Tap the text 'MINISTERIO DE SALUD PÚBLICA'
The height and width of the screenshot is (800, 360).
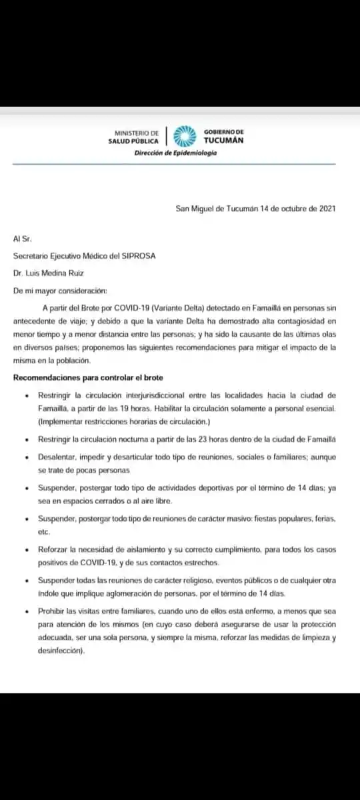(x=134, y=137)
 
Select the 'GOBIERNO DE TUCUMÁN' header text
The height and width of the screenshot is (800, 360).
(x=223, y=137)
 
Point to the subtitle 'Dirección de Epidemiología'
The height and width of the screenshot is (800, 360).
(x=175, y=153)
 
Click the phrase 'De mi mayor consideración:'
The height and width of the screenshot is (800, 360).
(x=59, y=289)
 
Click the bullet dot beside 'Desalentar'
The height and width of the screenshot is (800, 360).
(x=25, y=457)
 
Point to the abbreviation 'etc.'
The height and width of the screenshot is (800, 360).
(x=44, y=533)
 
